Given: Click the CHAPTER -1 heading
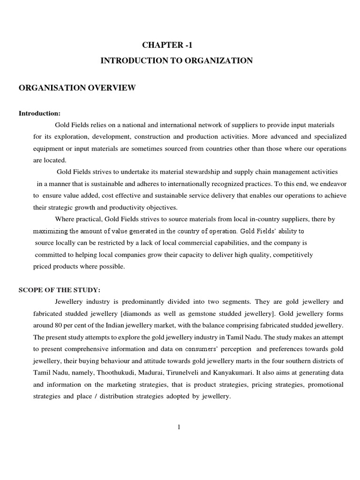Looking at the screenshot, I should tap(167, 45).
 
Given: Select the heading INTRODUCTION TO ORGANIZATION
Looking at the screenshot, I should tap(177, 61).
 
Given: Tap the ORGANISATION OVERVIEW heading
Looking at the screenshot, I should tap(77, 88).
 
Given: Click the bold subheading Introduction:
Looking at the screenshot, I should tap(39, 114).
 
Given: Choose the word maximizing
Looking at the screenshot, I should tap(49, 231).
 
